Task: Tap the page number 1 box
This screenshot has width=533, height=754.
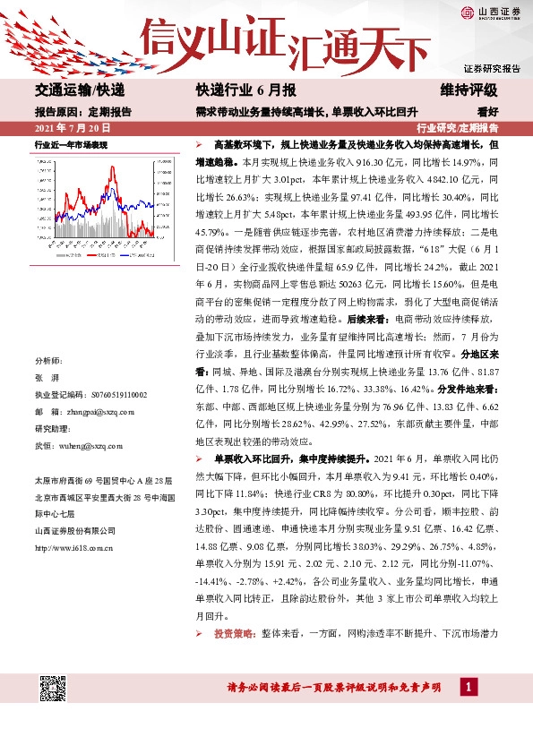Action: click(x=466, y=686)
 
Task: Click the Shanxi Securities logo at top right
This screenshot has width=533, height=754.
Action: click(x=491, y=12)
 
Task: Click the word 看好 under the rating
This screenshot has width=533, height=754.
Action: click(x=488, y=112)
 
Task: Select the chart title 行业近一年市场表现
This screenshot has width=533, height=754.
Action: click(x=71, y=144)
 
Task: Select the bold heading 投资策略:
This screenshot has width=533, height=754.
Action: click(x=236, y=633)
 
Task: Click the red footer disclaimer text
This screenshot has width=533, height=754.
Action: click(x=333, y=688)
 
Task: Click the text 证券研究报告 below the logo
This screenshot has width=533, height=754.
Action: click(x=492, y=68)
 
